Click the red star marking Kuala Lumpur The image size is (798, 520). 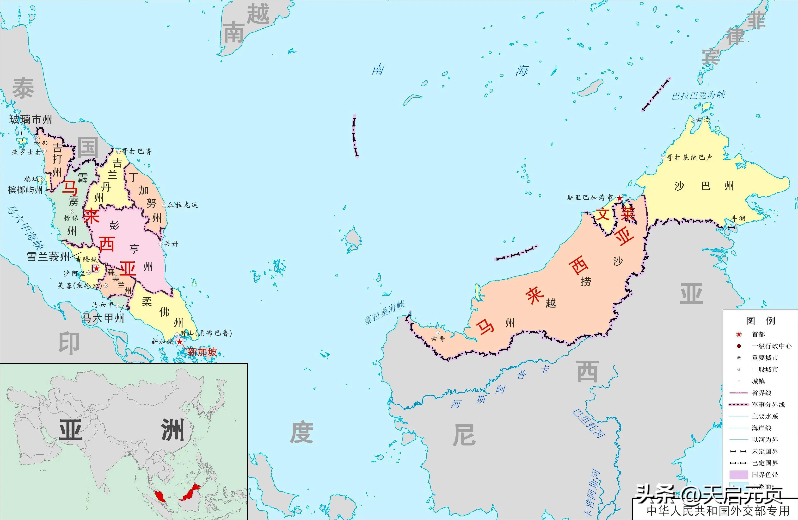96,268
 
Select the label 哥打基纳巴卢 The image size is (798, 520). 689,157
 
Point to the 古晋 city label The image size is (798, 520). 438,338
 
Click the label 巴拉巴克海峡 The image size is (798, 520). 698,95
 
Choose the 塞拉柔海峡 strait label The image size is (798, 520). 385,312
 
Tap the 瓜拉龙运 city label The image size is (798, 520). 183,205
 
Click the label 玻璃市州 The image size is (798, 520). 31,119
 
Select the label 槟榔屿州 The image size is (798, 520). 25,190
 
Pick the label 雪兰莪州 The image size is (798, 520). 48,257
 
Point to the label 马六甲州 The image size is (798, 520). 103,318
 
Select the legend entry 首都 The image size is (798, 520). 758,334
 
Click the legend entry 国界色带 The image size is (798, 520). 765,475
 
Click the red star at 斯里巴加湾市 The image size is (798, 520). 620,198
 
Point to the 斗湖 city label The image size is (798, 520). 738,218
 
